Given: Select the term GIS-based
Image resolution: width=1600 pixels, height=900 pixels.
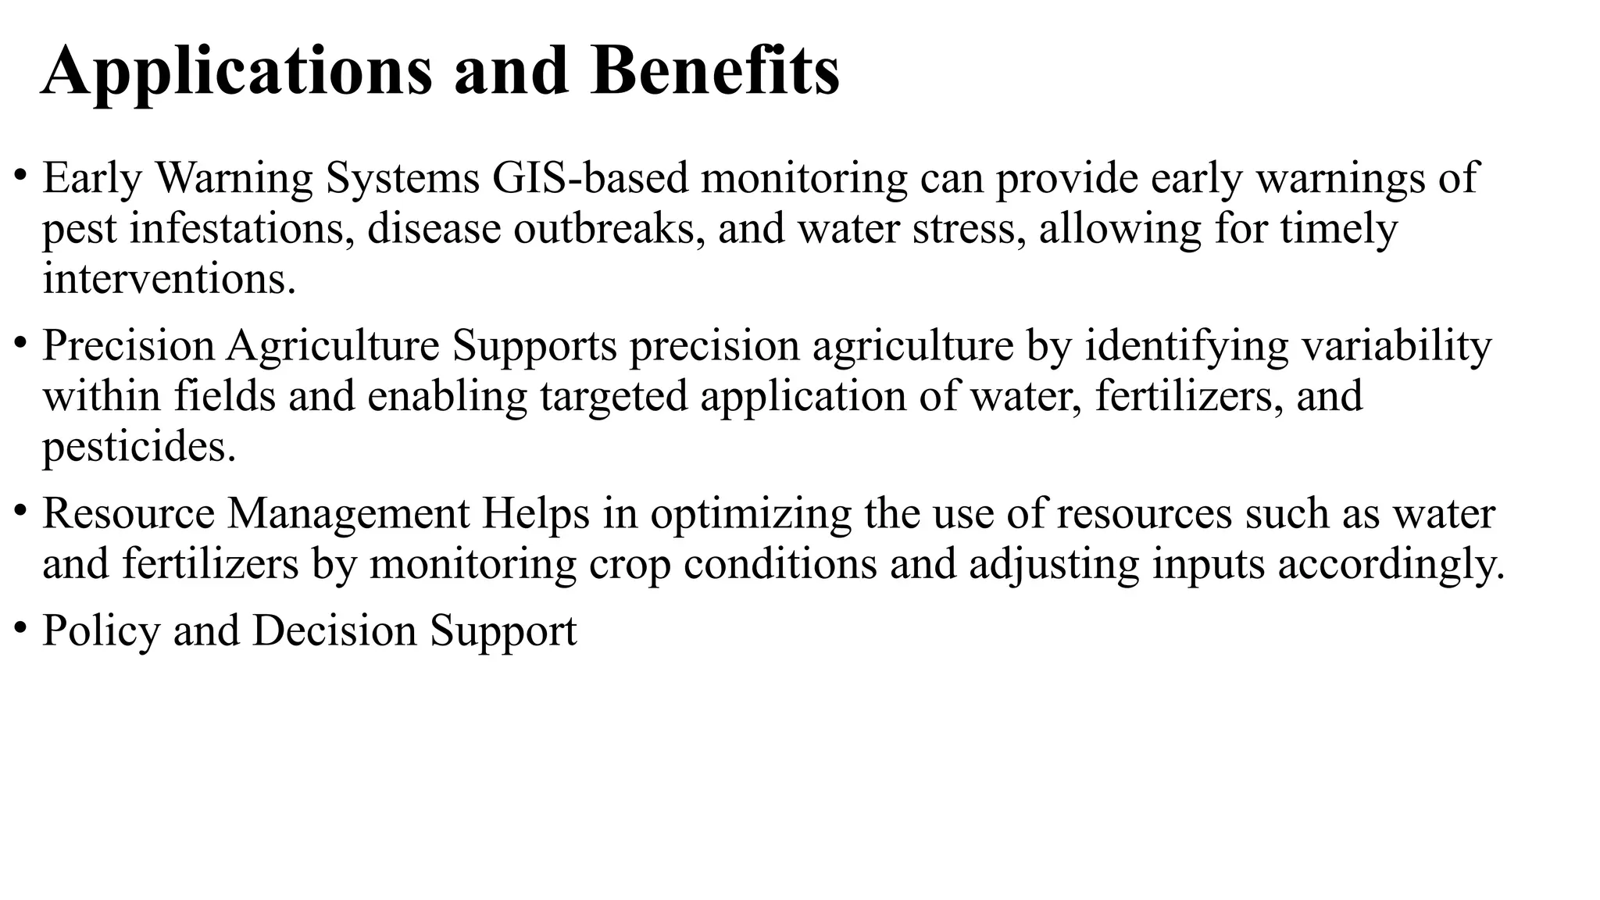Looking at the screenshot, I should point(590,178).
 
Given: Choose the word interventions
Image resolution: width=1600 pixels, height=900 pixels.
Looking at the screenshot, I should point(169,279).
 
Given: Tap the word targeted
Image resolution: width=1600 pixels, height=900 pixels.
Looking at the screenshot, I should point(613,397).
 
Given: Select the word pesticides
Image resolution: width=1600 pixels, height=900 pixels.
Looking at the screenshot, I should point(138,447).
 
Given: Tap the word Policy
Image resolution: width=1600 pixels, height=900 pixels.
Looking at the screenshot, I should point(101,631).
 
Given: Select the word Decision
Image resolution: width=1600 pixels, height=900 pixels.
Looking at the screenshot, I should point(334,630).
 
